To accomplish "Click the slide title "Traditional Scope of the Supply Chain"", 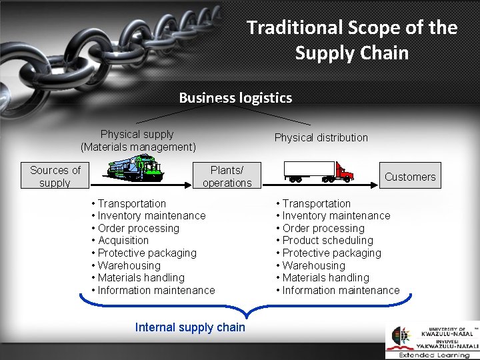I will point(352,39).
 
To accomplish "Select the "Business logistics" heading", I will point(235,98).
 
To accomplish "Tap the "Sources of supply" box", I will point(55,176).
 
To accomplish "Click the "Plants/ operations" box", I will point(227,176).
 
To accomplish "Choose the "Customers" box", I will point(410,177).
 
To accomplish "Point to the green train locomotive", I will point(136,169).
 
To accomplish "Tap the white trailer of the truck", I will point(309,170).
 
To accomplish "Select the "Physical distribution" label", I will point(321,137).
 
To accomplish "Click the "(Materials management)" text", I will point(138,147).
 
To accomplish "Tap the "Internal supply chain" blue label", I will point(190,327).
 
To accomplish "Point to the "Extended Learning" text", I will point(434,355).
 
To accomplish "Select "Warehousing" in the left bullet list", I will point(129,265).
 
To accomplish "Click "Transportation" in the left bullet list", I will point(131,203).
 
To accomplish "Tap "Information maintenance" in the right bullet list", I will point(341,290).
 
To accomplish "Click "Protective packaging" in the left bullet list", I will point(147,253).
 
